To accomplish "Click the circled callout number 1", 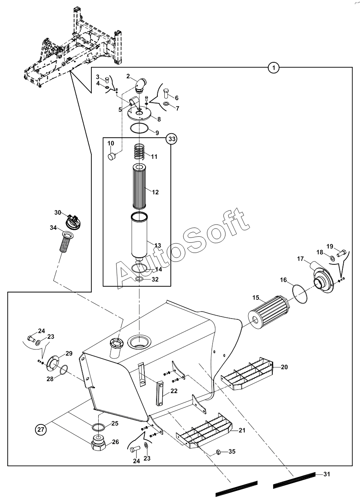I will click(274, 68).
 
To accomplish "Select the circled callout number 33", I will click(172, 139).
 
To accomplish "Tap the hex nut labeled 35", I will click(218, 452).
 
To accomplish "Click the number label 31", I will click(326, 474).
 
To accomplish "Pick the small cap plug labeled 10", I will click(111, 156).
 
